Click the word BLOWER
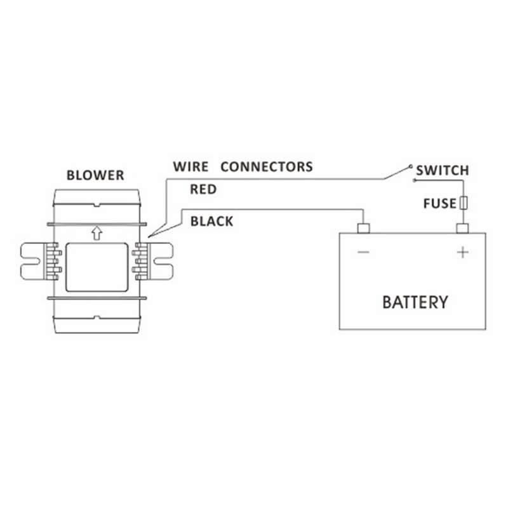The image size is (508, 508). point(95,175)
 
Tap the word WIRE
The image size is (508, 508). point(191,167)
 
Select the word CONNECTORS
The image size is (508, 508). point(267,167)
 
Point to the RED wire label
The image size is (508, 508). point(203,189)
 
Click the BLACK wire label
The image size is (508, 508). point(211,221)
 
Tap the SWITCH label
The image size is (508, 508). point(443,170)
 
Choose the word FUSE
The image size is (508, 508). point(440,203)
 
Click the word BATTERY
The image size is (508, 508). point(415,302)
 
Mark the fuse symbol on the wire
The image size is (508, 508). point(464,203)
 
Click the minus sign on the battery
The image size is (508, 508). point(363,252)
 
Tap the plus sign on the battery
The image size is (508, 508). point(463,252)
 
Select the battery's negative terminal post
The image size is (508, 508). point(363,228)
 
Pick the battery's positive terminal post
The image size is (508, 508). point(463,228)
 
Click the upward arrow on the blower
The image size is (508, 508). point(97,233)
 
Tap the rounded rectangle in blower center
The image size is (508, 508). point(97,267)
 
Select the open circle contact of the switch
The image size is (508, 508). point(411,166)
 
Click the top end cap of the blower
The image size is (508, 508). point(97,197)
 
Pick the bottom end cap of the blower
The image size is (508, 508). point(97,324)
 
